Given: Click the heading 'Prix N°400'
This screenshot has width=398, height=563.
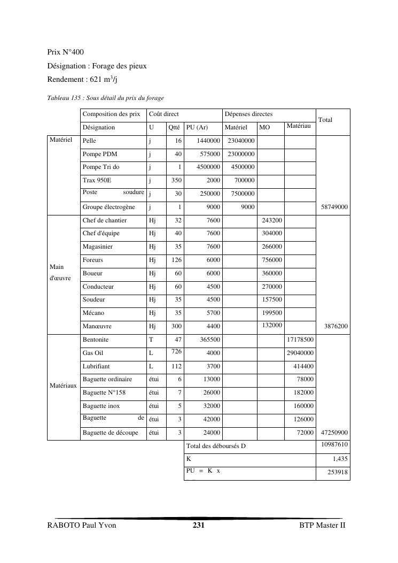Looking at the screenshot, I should [x=65, y=52].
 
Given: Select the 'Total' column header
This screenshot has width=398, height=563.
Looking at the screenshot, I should [x=325, y=120].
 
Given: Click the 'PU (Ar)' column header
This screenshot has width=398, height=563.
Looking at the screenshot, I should [x=197, y=127].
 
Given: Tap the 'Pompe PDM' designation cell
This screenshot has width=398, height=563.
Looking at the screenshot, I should [x=100, y=154].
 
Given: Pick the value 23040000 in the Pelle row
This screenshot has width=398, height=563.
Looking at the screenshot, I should [x=241, y=141].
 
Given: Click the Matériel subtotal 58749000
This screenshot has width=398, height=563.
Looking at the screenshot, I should [x=334, y=207].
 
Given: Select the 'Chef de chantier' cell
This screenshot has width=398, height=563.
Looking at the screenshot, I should [x=105, y=220].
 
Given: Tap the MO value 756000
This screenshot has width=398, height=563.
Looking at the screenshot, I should [x=272, y=260].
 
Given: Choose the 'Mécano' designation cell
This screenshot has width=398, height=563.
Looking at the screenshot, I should [x=93, y=313].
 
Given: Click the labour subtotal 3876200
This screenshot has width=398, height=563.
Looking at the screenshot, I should [x=336, y=326].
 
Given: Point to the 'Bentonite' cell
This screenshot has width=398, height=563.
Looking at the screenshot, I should [x=96, y=340].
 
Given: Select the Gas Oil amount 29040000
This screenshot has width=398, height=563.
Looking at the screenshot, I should [x=300, y=353].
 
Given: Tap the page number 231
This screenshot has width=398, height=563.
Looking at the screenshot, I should [x=199, y=526].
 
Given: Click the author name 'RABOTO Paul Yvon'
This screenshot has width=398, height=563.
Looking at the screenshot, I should [x=82, y=526].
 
